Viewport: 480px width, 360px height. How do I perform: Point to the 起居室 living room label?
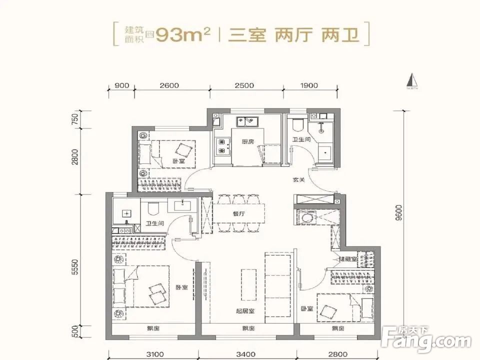tap(245, 311)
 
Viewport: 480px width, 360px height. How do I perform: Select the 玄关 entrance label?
tap(298, 180)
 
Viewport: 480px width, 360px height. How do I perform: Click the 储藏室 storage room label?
tap(347, 259)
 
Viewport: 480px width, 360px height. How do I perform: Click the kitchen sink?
tap(247, 121)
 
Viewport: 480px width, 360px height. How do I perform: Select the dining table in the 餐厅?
tap(238, 214)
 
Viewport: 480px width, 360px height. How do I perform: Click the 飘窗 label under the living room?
tap(248, 328)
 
